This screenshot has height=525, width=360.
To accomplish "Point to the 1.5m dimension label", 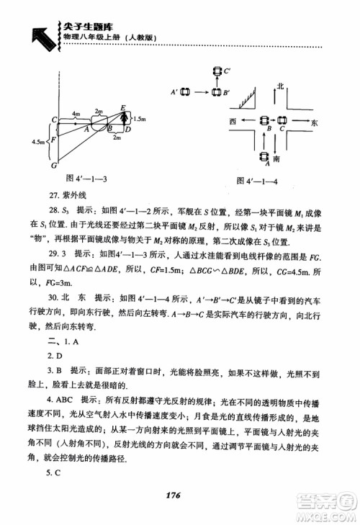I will coord(140,117).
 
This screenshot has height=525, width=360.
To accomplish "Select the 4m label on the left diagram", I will coord(76,115).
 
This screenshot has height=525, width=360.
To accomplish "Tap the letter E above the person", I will coord(123,107).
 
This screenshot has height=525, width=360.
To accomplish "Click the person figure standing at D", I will coord(124,121).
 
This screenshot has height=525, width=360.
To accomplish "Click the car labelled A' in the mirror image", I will coord(184,92).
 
